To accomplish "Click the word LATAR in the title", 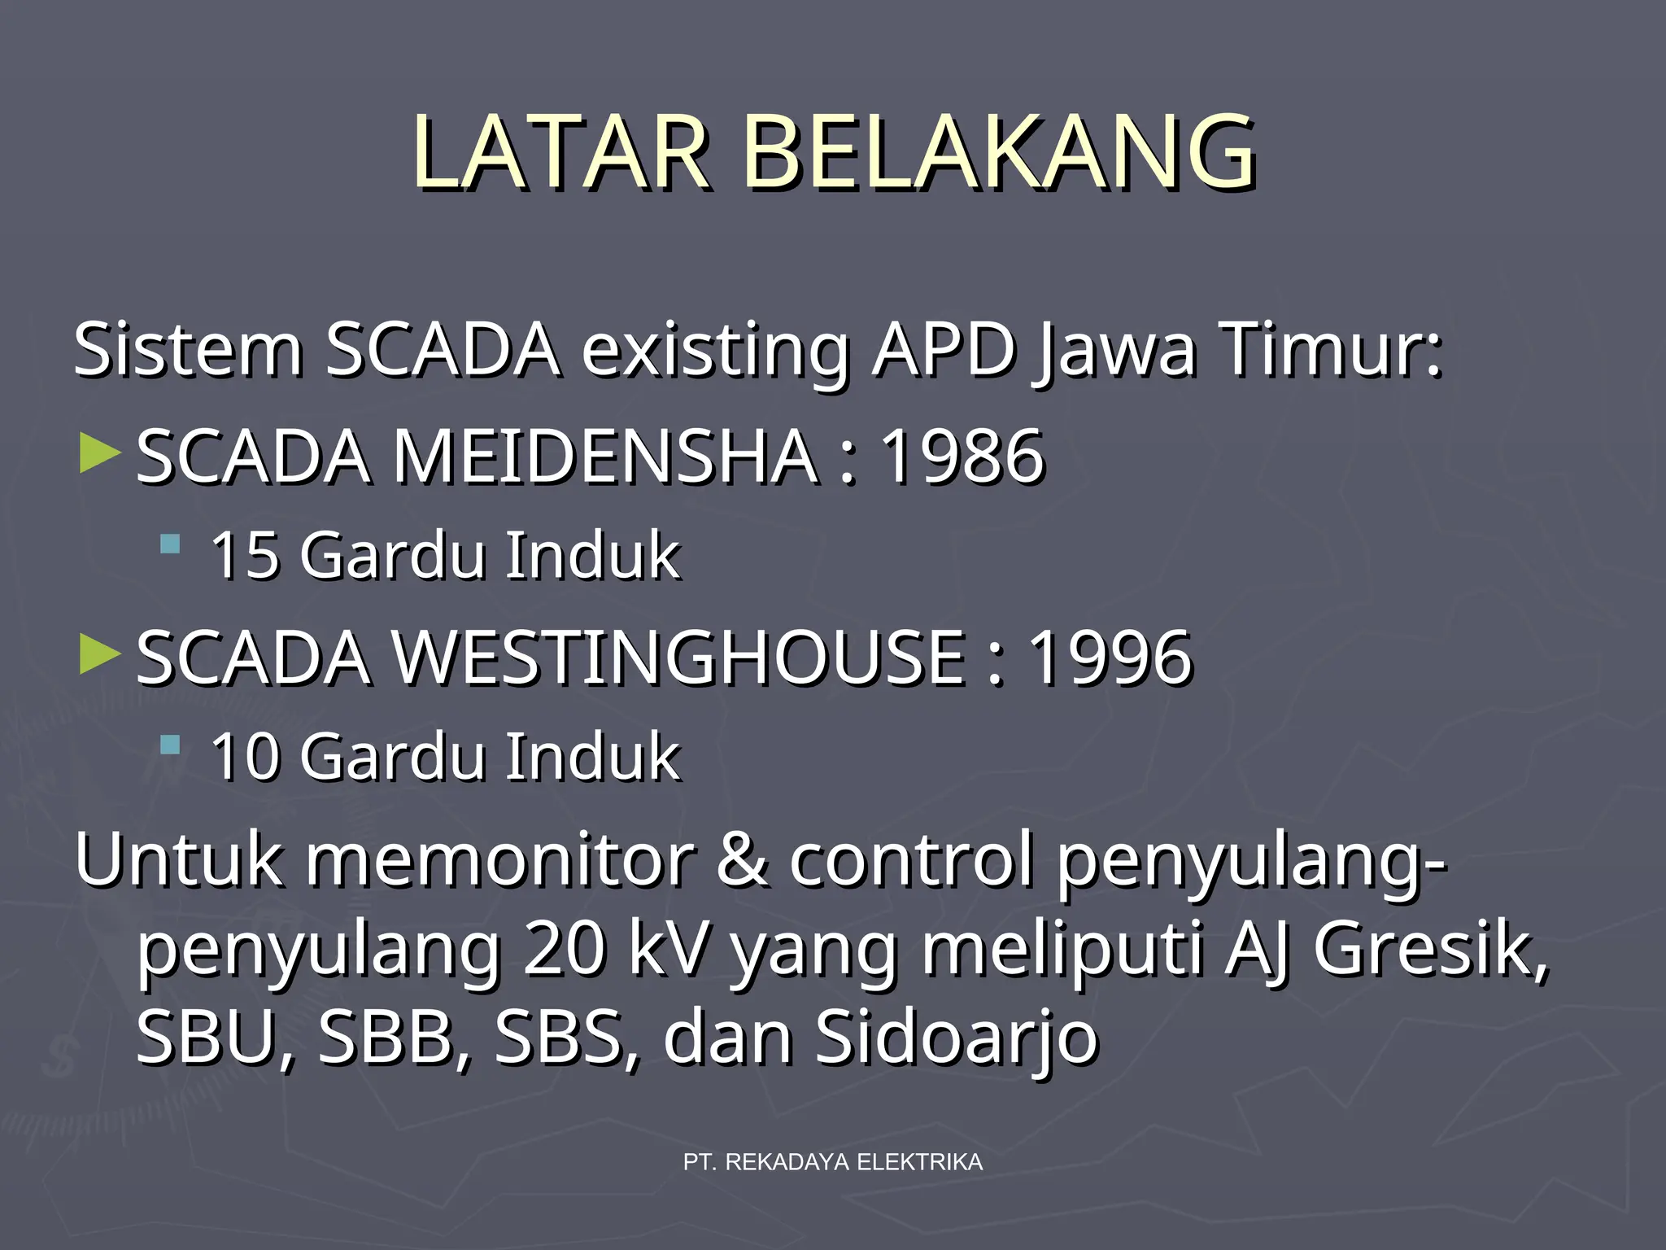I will click(x=561, y=153).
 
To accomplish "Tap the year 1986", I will click(x=962, y=457).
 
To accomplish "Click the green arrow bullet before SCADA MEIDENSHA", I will click(x=100, y=453).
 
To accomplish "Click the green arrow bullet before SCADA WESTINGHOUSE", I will click(x=100, y=654).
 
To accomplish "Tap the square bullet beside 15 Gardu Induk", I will click(x=170, y=544).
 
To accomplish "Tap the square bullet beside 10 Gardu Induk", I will click(x=170, y=745).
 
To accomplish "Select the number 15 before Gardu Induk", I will click(x=245, y=556).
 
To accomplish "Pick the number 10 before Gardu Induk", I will click(x=245, y=758).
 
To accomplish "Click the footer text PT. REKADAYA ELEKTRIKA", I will click(x=833, y=1162).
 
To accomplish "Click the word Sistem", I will click(x=188, y=351).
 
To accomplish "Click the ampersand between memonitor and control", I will click(x=742, y=861).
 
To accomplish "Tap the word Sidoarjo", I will click(x=957, y=1038).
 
